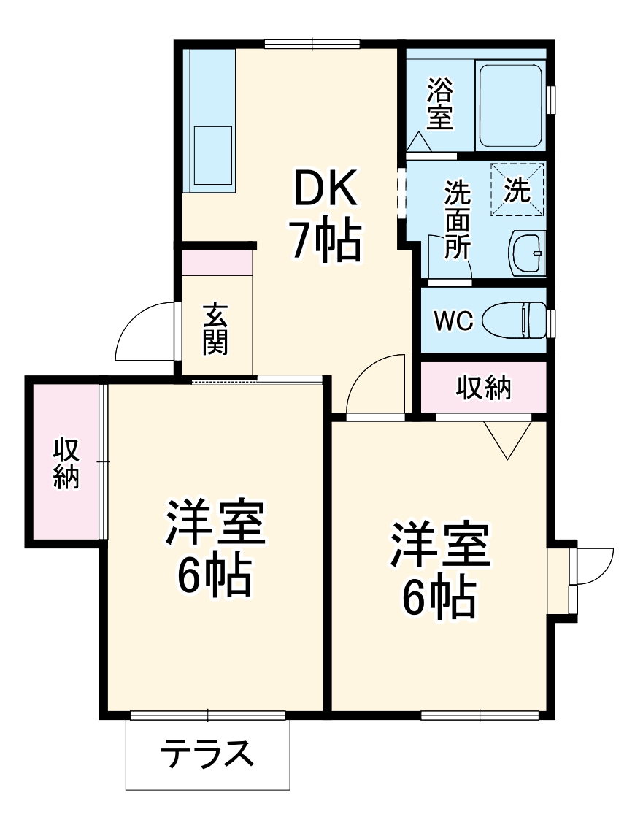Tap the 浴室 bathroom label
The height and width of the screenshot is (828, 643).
[440, 104]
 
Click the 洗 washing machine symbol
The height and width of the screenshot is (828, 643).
[517, 190]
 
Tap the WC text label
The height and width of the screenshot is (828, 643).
[454, 321]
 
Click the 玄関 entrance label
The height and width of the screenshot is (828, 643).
[215, 328]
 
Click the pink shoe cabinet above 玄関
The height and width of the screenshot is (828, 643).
[217, 262]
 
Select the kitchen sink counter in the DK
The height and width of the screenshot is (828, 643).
[211, 120]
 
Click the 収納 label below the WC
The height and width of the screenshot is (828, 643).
[484, 388]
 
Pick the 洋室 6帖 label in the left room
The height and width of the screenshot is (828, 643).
[214, 548]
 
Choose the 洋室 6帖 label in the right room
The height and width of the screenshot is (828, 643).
[438, 569]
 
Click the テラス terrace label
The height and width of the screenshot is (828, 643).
[207, 754]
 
